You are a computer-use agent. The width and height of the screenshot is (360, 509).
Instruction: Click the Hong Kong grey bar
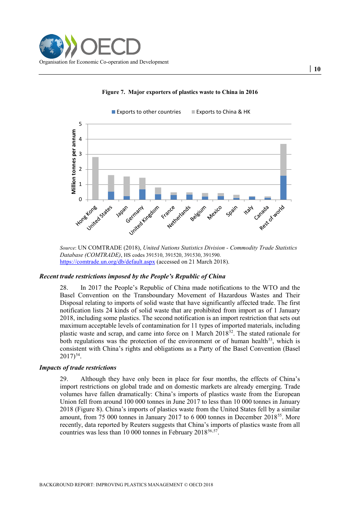pyautogui.click(x=95, y=178)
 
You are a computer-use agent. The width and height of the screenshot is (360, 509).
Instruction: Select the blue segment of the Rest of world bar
pyautogui.click(x=283, y=187)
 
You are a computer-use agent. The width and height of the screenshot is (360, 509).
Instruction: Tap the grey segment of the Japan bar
pyautogui.click(x=127, y=186)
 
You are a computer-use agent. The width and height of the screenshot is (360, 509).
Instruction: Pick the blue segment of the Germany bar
pyautogui.click(x=142, y=194)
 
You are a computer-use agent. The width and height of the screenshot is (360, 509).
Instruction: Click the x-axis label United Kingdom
pyautogui.click(x=144, y=220)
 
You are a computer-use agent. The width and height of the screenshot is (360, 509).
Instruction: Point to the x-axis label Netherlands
pyautogui.click(x=179, y=217)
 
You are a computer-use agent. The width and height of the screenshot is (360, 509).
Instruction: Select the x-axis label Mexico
pyautogui.click(x=214, y=213)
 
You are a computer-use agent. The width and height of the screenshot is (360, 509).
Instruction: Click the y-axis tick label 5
pyautogui.click(x=80, y=124)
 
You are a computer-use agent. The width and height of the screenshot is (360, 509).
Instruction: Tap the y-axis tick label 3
pyautogui.click(x=80, y=154)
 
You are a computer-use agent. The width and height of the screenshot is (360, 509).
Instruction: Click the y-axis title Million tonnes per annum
pyautogui.click(x=74, y=162)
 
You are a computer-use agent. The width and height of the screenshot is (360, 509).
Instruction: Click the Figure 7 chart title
pyautogui.click(x=180, y=92)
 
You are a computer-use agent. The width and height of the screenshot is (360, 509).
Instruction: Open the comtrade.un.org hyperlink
pyautogui.click(x=107, y=262)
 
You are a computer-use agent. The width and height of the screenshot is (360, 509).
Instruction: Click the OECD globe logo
pyautogui.click(x=52, y=47)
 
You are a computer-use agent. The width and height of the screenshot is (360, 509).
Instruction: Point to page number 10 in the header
pyautogui.click(x=317, y=69)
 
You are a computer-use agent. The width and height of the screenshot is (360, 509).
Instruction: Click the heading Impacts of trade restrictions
pyautogui.click(x=78, y=367)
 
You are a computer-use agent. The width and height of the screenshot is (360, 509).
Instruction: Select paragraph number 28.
pyautogui.click(x=64, y=287)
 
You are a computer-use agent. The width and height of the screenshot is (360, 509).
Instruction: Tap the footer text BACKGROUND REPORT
pyautogui.click(x=126, y=484)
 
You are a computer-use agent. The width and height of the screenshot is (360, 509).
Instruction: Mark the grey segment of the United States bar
pyautogui.click(x=111, y=183)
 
